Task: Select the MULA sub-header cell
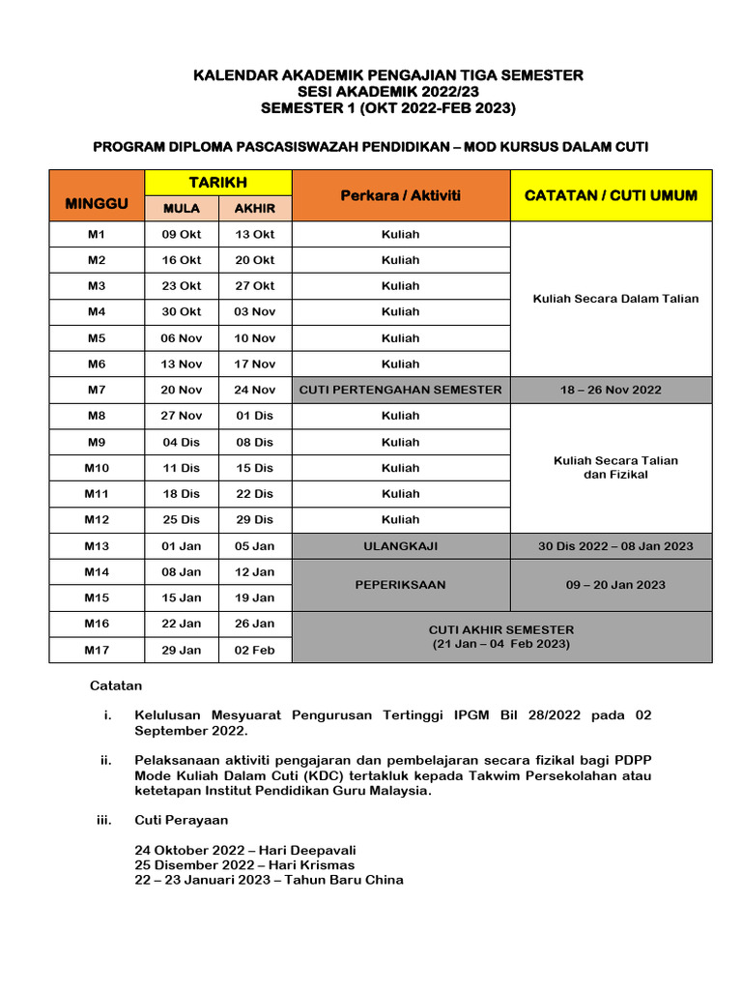tap(182, 209)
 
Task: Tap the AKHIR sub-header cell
tap(255, 209)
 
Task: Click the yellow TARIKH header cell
tap(217, 183)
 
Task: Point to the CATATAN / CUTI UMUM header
tap(611, 195)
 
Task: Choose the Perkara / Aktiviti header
tap(400, 195)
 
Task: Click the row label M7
tap(97, 390)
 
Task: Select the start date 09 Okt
tap(182, 234)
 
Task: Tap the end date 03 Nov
tap(255, 311)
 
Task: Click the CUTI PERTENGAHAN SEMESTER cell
tap(400, 390)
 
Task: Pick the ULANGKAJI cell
tap(400, 546)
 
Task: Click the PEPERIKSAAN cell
tap(400, 585)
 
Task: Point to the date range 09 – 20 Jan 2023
tap(611, 585)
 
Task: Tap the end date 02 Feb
tap(255, 650)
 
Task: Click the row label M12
tap(97, 519)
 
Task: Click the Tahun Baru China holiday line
tap(269, 880)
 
